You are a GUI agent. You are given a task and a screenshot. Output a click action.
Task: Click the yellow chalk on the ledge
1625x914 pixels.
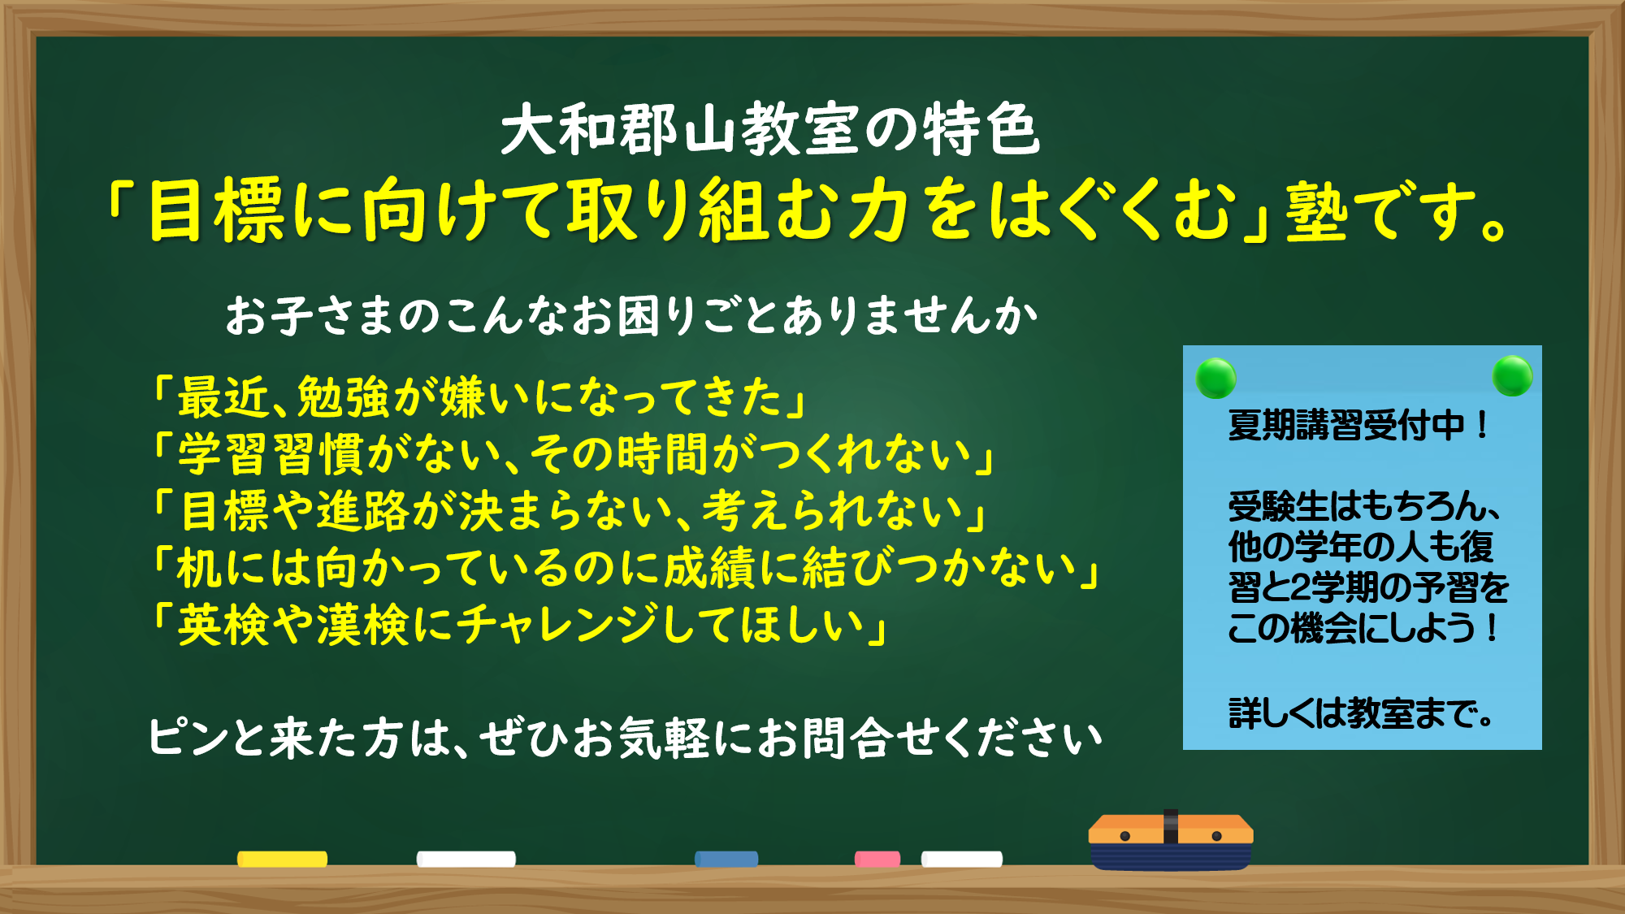click(x=282, y=859)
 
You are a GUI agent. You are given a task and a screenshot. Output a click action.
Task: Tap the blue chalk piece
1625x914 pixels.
click(x=726, y=859)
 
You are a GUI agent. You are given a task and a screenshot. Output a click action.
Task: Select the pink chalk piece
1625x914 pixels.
click(x=877, y=859)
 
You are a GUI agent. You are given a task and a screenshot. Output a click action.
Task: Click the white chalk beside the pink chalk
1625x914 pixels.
click(x=962, y=859)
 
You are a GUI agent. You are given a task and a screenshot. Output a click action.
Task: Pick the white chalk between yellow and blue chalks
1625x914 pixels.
click(x=466, y=859)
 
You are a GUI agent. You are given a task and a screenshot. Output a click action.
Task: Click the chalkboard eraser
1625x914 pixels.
click(x=1171, y=840)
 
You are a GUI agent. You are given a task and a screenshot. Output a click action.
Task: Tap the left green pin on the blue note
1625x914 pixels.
click(x=1216, y=378)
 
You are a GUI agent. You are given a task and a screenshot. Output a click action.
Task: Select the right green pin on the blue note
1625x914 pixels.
click(x=1513, y=375)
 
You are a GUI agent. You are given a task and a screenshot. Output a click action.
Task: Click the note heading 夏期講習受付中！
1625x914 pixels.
click(x=1358, y=425)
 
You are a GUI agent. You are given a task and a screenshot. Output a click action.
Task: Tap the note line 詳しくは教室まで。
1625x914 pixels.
click(x=1361, y=713)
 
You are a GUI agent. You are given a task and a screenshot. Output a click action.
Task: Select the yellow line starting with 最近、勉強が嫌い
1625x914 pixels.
click(x=480, y=396)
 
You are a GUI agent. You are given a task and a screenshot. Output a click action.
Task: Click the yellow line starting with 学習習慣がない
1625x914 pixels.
click(x=574, y=453)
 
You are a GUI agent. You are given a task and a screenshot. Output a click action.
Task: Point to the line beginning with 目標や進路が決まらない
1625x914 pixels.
click(x=570, y=510)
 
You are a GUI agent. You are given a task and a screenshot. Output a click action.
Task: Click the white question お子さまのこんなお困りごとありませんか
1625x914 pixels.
click(x=631, y=315)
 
